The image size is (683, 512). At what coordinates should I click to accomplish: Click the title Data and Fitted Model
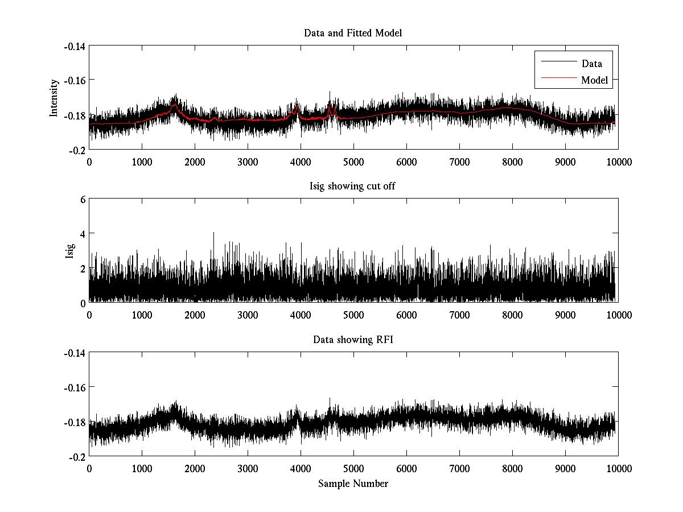coord(353,33)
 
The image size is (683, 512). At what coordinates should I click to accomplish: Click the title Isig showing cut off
coord(353,187)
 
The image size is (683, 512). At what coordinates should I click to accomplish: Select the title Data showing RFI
coord(353,340)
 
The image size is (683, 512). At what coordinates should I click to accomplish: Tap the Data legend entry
coord(591,64)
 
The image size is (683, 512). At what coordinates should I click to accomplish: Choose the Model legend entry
coord(594,80)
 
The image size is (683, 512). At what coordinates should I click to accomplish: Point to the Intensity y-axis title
coord(54,98)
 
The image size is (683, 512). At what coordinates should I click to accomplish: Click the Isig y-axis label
coord(70,251)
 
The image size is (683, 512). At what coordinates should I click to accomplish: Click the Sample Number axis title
coord(353,484)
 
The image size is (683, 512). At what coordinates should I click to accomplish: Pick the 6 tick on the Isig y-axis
coord(83,200)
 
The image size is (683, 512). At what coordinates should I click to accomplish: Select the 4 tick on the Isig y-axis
coord(83,234)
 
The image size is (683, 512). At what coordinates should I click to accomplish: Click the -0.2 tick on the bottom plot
coord(77,457)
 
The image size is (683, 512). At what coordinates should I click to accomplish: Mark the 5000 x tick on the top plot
coord(353,162)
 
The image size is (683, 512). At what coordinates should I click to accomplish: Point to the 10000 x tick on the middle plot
coord(618,315)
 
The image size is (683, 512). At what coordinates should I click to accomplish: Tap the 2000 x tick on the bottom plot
coord(195,469)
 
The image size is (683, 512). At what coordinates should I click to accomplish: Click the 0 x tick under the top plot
coord(89,162)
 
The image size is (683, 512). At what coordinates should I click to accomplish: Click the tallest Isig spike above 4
coord(213,233)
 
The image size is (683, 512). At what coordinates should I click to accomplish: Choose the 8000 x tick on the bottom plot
coord(512,469)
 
